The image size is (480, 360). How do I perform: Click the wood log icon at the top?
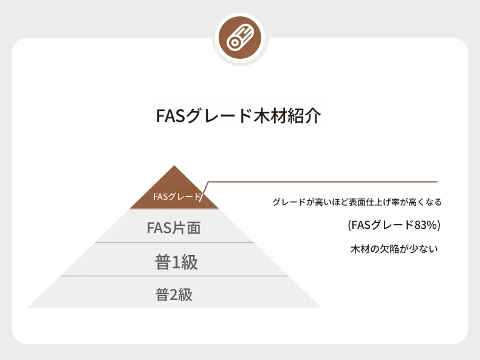[241, 38]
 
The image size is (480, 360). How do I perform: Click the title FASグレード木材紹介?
[239, 115]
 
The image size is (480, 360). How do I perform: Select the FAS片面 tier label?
[174, 228]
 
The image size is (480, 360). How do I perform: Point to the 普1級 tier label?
[176, 262]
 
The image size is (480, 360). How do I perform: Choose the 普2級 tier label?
[174, 294]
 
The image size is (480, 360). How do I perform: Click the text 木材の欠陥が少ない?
[394, 249]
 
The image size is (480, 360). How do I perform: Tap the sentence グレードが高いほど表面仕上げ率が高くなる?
[357, 202]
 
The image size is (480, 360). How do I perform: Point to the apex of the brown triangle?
[174, 166]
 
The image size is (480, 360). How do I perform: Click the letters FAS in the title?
[171, 115]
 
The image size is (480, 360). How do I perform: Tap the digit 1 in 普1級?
[177, 262]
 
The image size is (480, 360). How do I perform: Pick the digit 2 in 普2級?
[174, 295]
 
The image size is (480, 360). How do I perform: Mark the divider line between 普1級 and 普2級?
[174, 276]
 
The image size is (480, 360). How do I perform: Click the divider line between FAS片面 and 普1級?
[174, 243]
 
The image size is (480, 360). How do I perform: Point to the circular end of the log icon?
[235, 43]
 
